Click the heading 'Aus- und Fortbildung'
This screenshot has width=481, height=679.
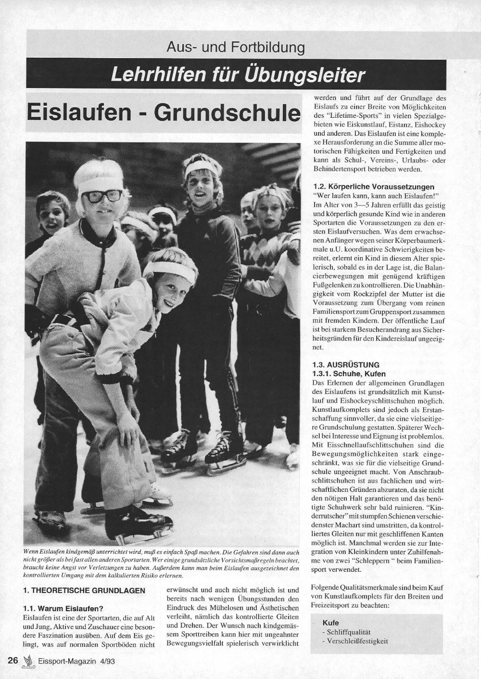235,47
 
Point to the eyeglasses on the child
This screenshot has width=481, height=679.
103,196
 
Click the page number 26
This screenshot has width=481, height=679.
13,661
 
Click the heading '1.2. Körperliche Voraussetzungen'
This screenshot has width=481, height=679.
373,187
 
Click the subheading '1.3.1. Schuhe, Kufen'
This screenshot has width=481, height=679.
349,374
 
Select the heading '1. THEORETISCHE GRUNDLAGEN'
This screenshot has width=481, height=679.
84,591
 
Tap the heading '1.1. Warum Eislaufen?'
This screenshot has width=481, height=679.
63,608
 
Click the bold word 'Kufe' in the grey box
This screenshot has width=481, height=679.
330,623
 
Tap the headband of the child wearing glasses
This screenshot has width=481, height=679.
101,183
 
